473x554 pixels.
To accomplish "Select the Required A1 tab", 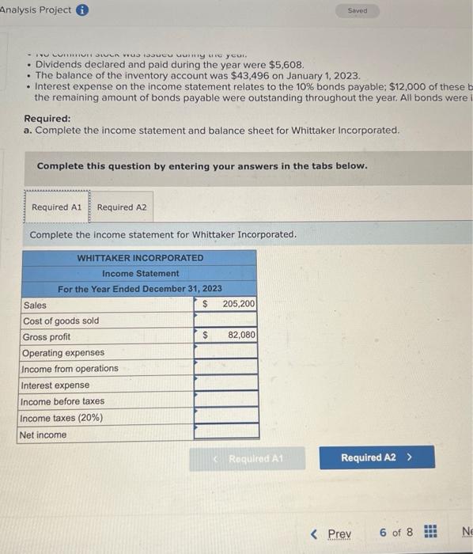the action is point(56,207).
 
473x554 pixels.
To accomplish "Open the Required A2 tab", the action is point(121,207).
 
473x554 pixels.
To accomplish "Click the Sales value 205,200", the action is point(238,305).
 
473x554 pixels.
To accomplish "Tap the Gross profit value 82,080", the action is point(240,336).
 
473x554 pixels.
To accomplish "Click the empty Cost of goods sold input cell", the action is point(226,321).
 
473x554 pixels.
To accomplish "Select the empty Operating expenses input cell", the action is point(226,352).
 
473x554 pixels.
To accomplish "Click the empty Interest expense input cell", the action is point(226,385).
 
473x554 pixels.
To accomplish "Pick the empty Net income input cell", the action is point(226,434).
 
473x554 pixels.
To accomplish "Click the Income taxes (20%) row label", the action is point(62,418).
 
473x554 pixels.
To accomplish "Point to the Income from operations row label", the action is point(70,369).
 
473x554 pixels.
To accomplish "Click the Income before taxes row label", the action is point(62,401).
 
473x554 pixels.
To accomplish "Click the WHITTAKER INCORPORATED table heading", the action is point(140,258).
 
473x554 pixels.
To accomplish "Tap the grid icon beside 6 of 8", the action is point(430,533).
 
